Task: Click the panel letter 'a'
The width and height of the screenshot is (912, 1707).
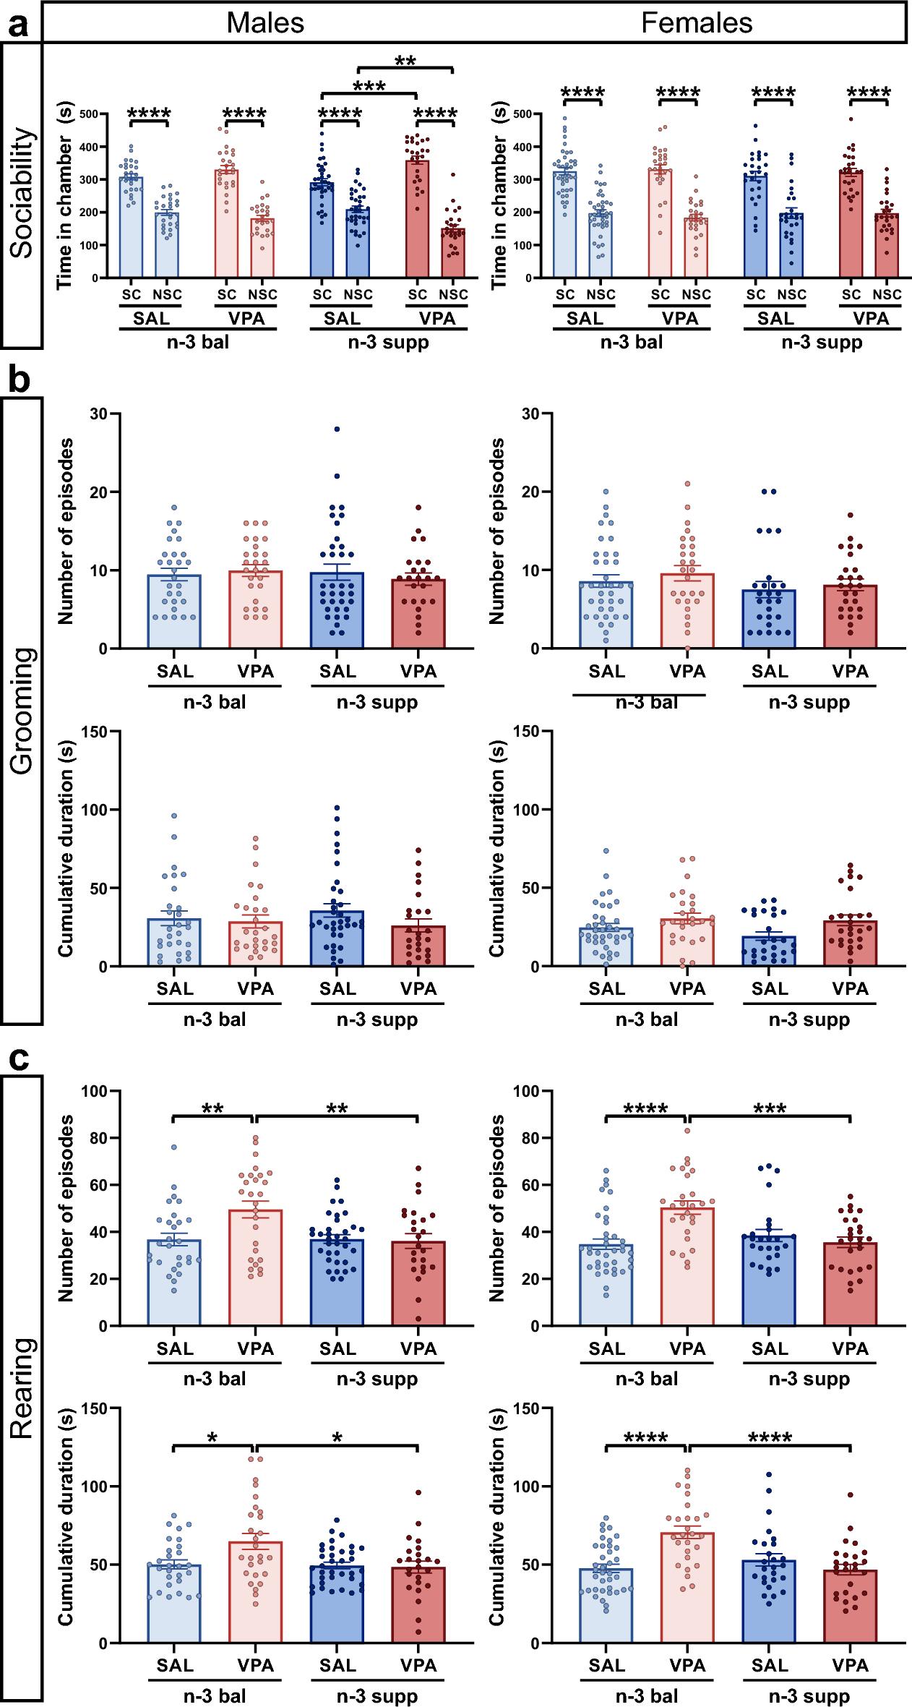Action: click(x=18, y=24)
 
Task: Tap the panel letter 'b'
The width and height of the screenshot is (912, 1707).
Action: click(x=18, y=380)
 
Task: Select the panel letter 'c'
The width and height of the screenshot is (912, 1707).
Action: click(x=18, y=1058)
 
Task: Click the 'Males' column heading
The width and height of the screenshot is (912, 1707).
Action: click(x=265, y=23)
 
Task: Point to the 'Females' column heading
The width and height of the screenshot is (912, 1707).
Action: click(x=697, y=23)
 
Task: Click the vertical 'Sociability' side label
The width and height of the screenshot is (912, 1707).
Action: click(x=22, y=193)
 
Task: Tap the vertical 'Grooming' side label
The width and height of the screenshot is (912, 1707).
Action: click(x=22, y=711)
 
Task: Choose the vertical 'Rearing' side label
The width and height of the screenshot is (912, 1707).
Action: click(x=22, y=1388)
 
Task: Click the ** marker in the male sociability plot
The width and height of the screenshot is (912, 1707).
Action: click(x=405, y=61)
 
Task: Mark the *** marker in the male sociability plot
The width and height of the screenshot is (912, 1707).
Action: click(x=369, y=87)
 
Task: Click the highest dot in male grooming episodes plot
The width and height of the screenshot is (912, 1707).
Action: click(x=337, y=429)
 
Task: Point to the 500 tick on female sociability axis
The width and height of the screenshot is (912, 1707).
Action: click(x=522, y=114)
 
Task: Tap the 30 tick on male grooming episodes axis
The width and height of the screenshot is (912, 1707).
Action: click(x=99, y=414)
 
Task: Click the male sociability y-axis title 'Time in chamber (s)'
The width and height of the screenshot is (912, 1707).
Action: click(x=66, y=195)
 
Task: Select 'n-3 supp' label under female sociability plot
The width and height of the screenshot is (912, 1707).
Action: click(x=822, y=342)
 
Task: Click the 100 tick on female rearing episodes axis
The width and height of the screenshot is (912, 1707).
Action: click(x=527, y=1090)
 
